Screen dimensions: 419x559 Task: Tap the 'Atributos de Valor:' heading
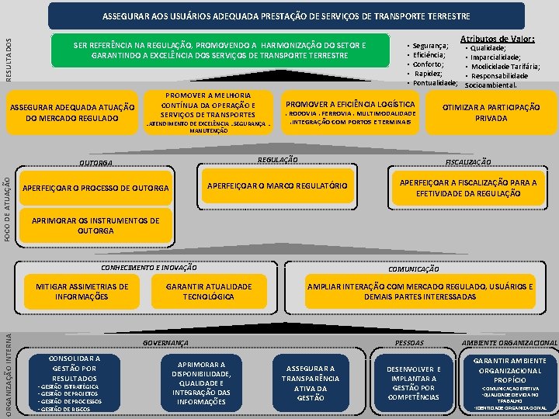click(x=497, y=38)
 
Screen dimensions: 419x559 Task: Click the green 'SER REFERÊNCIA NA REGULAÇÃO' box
click(x=219, y=51)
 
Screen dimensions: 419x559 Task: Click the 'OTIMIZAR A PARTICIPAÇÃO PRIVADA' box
click(x=491, y=113)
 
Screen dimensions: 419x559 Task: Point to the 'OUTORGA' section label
click(x=95, y=163)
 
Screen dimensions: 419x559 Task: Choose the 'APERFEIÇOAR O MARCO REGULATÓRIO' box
click(x=276, y=185)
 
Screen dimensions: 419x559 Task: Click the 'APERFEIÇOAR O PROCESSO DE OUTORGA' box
click(x=95, y=189)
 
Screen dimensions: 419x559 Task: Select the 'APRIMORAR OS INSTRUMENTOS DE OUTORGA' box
click(x=95, y=226)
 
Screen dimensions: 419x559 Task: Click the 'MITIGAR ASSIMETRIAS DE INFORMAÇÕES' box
click(x=82, y=292)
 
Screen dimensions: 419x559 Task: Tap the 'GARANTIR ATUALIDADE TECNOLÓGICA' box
click(x=209, y=292)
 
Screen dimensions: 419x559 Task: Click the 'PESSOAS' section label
click(x=409, y=342)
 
